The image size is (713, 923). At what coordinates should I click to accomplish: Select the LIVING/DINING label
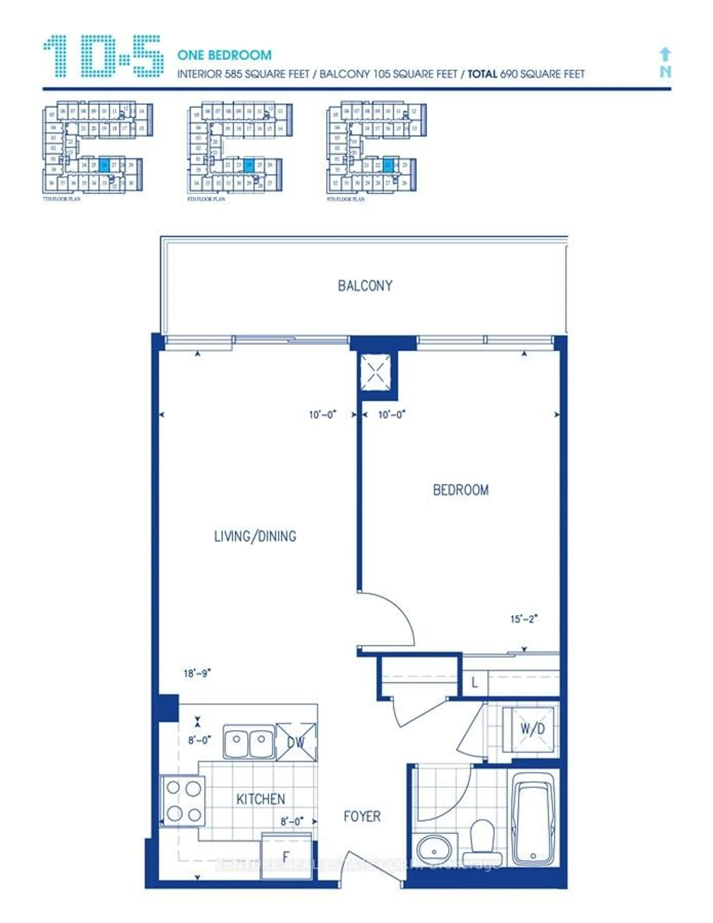(x=255, y=536)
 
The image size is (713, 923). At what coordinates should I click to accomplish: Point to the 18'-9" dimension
(x=197, y=673)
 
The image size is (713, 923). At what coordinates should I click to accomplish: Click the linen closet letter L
(x=474, y=682)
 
